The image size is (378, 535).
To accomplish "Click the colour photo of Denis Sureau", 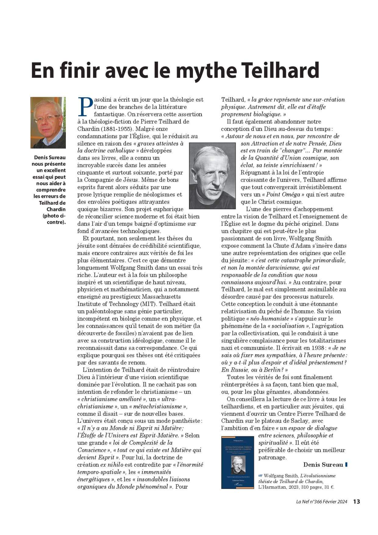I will [x=48, y=123].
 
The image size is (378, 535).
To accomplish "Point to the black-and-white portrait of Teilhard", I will [x=212, y=176].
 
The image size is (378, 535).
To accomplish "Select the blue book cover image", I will [x=237, y=462].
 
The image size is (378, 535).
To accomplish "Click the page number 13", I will [x=357, y=501].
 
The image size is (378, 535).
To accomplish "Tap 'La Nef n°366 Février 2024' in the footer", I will [x=322, y=502].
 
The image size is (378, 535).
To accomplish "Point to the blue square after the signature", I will [x=346, y=465].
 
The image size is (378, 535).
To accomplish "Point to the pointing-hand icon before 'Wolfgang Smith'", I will [x=260, y=476].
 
